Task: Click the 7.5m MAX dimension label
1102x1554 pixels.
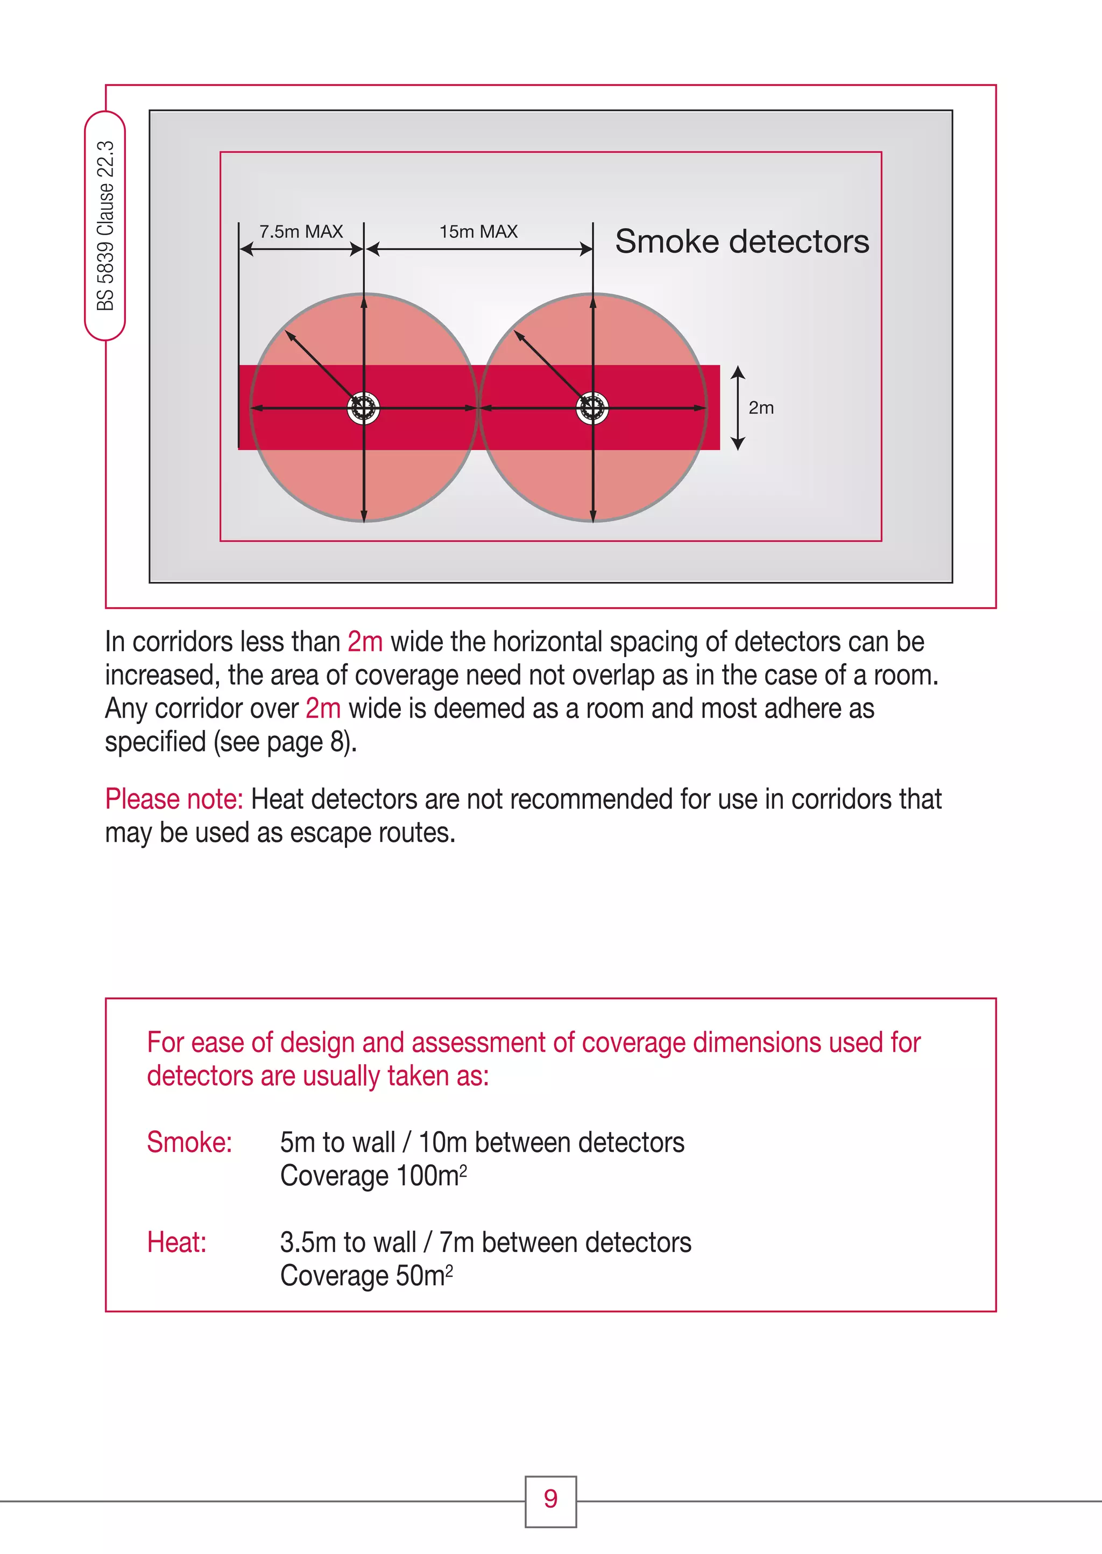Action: pyautogui.click(x=301, y=231)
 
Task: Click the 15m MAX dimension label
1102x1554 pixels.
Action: pyautogui.click(x=478, y=231)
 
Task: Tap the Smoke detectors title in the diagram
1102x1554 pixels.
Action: pyautogui.click(x=741, y=242)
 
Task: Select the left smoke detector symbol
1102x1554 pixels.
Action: pyautogui.click(x=363, y=409)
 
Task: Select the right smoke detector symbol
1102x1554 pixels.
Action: pyautogui.click(x=592, y=409)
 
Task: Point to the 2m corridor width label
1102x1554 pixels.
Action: pyautogui.click(x=761, y=408)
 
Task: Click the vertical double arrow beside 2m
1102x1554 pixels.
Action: pyautogui.click(x=738, y=408)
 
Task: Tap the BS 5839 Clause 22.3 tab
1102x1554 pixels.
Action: pyautogui.click(x=105, y=226)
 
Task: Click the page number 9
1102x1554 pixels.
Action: pyautogui.click(x=550, y=1499)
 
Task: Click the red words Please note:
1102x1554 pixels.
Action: pyautogui.click(x=174, y=799)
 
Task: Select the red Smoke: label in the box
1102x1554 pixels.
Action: pyautogui.click(x=189, y=1143)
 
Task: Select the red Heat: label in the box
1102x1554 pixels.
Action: pyautogui.click(x=176, y=1242)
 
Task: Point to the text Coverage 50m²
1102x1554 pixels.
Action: pyautogui.click(x=366, y=1276)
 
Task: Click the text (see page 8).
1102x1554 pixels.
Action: pyautogui.click(x=285, y=742)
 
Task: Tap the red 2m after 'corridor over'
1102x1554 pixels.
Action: pyautogui.click(x=323, y=708)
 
